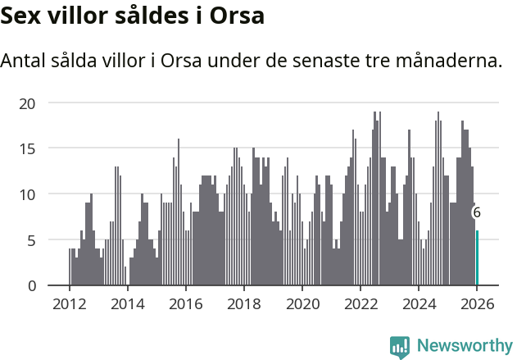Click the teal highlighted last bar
(477, 258)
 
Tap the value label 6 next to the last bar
(477, 212)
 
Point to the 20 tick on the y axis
(28, 103)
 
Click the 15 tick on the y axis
(28, 148)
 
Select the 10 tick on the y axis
(28, 194)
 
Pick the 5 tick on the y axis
(32, 240)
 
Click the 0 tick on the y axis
(32, 285)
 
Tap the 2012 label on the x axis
(69, 303)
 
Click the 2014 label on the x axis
(127, 303)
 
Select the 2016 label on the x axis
(185, 303)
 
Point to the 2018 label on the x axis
(243, 303)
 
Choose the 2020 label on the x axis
(302, 303)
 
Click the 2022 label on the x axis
(361, 303)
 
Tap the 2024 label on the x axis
(419, 303)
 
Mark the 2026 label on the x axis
(477, 303)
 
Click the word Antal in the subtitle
(25, 62)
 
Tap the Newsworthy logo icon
(400, 346)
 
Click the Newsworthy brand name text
(464, 346)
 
